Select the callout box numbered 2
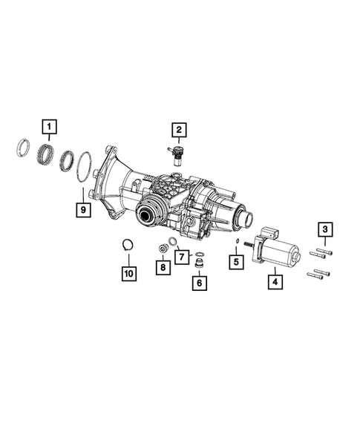178,132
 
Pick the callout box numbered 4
274,281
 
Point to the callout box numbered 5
236,261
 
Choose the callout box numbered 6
198,282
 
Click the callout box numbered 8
160,266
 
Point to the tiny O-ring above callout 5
236,243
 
